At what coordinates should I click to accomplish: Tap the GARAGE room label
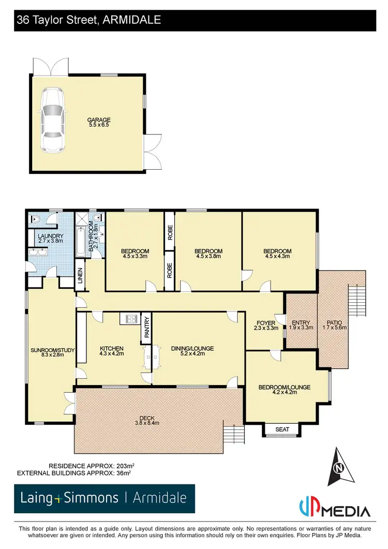tap(99, 120)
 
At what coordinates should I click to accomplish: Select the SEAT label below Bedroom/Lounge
tap(282, 429)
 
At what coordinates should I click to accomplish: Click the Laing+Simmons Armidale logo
tap(104, 498)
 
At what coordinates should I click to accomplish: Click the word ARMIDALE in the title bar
tap(133, 20)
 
